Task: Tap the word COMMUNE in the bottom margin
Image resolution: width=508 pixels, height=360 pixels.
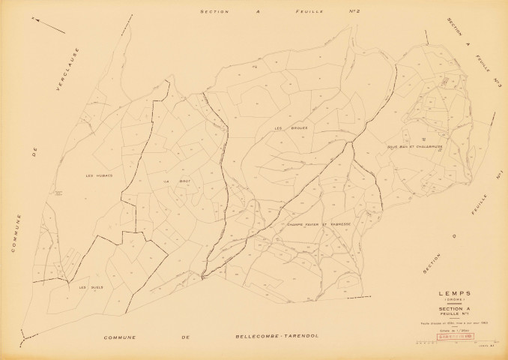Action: (124, 339)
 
